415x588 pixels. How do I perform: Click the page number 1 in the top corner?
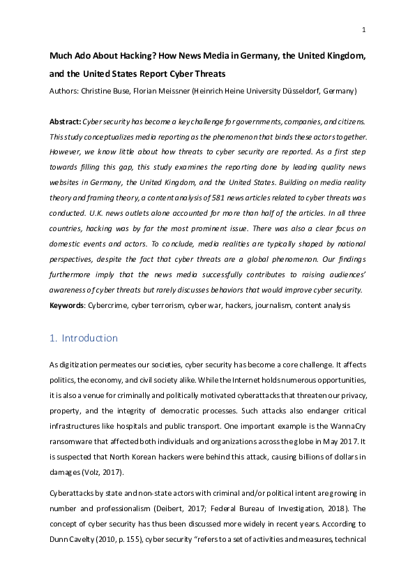[x=364, y=30]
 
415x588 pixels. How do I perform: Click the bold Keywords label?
[x=68, y=305]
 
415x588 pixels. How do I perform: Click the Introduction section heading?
[x=89, y=339]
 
